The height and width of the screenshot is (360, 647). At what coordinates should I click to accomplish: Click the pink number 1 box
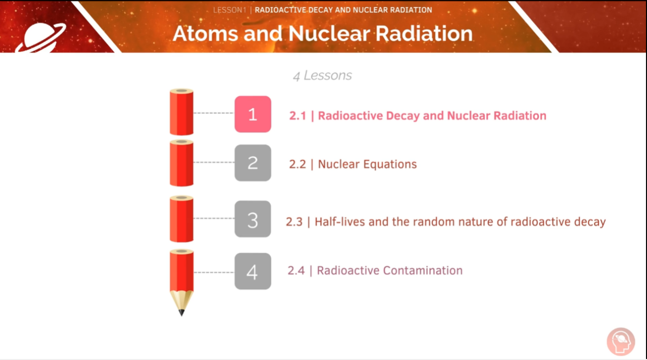(253, 114)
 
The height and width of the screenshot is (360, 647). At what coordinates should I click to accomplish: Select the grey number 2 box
(253, 163)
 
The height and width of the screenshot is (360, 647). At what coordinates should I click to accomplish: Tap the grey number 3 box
(253, 219)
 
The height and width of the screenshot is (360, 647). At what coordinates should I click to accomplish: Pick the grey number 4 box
(253, 272)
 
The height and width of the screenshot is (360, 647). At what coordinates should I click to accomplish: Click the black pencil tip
(181, 312)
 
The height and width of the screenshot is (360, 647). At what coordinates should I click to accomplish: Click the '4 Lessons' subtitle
(322, 76)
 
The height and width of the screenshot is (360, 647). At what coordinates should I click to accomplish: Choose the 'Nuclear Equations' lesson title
(367, 164)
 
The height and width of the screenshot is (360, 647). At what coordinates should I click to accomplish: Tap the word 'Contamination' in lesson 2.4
(423, 271)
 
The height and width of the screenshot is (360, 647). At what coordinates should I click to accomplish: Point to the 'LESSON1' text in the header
(229, 10)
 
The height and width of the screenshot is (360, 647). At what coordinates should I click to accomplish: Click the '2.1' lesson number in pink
(297, 116)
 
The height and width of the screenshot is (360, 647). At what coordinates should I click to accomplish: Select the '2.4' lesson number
(296, 271)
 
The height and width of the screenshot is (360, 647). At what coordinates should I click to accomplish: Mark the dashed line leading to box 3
(214, 218)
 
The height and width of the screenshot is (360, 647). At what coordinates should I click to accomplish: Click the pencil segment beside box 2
(181, 163)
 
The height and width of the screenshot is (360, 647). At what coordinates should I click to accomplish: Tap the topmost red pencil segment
(181, 112)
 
